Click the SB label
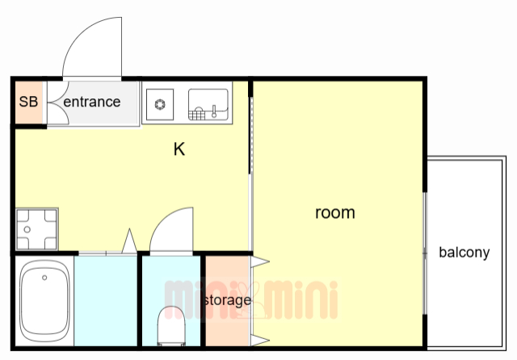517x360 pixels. coord(28,102)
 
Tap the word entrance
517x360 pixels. coord(91,102)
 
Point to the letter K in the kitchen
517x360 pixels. coord(179,149)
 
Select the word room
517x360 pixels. coord(335,213)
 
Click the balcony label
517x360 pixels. coord(464,253)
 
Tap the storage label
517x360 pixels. coord(228,300)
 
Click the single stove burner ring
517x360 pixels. coord(160,104)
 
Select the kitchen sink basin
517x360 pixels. coord(208,104)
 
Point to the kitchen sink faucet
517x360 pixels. coord(214,111)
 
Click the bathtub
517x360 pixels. coord(44,300)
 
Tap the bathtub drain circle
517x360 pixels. coord(44,278)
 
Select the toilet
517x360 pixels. coord(171,326)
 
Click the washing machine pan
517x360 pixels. coord(36,229)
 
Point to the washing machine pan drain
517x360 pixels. coord(27,229)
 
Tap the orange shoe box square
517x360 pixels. coord(29,102)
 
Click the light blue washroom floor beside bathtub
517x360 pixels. coord(106,300)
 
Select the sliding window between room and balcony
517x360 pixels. coord(425,253)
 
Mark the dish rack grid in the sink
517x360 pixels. coord(197,115)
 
